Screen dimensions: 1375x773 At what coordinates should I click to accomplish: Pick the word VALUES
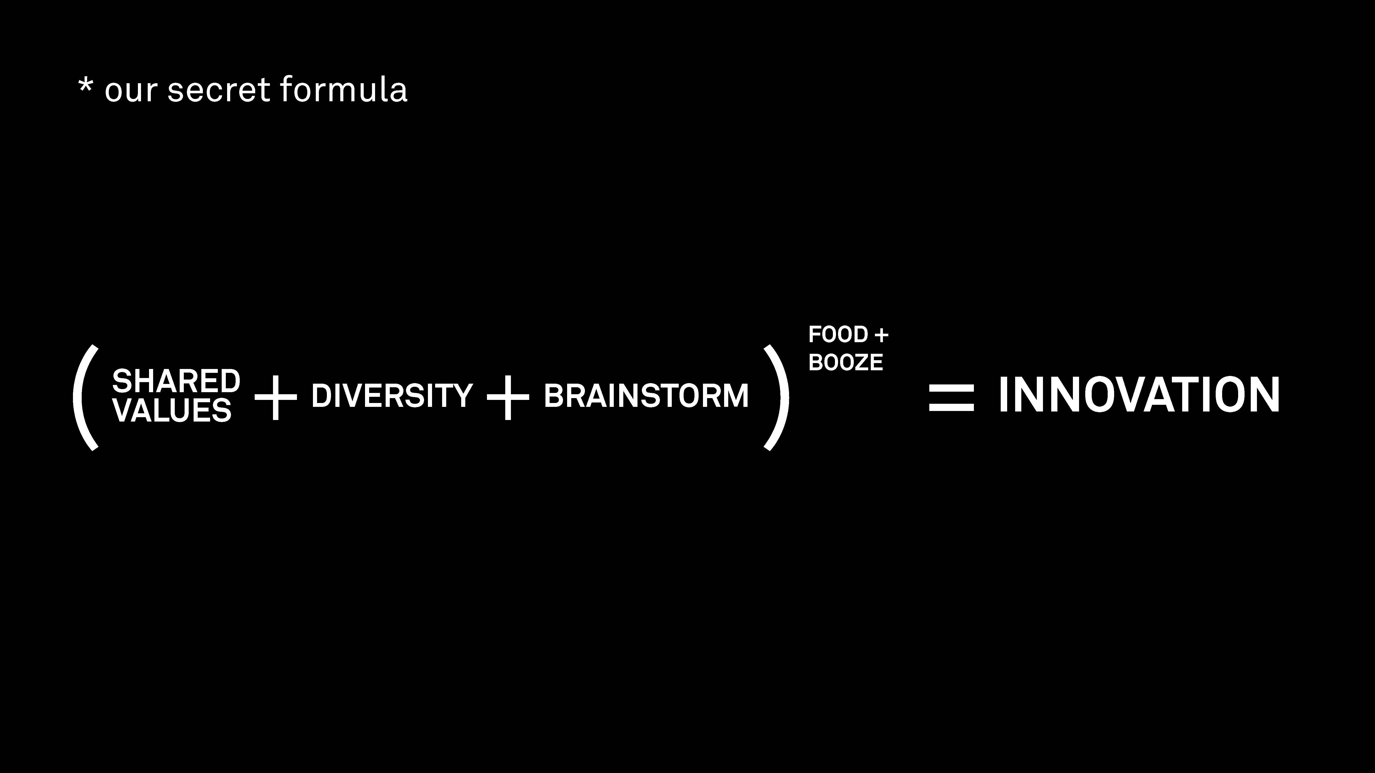pyautogui.click(x=172, y=410)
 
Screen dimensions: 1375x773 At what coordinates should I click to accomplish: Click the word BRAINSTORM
pyautogui.click(x=647, y=396)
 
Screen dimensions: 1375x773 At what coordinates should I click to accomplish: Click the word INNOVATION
pyautogui.click(x=1139, y=395)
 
